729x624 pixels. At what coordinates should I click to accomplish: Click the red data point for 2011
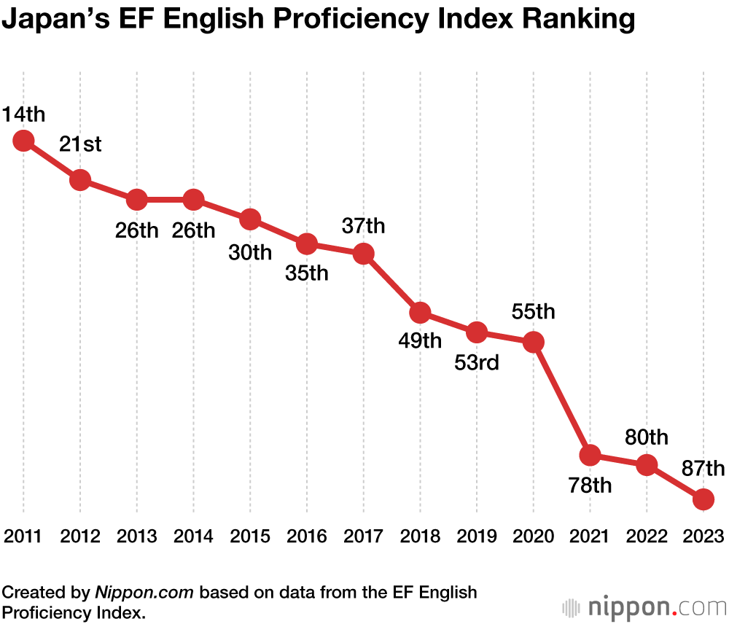[x=23, y=141]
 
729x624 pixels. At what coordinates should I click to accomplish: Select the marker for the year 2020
[x=534, y=342]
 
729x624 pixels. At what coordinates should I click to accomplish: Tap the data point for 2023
[x=703, y=499]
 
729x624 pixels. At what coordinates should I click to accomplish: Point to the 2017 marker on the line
[x=364, y=254]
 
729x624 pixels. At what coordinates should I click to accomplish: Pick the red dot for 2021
[x=590, y=456]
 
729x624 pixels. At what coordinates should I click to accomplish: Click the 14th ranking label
[x=23, y=114]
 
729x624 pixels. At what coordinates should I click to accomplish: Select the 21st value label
[x=80, y=144]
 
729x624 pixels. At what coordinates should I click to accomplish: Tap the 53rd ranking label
[x=477, y=362]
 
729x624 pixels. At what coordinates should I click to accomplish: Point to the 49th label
[x=420, y=340]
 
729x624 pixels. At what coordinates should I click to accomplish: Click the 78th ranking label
[x=590, y=485]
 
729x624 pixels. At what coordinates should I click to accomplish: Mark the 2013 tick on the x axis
[x=137, y=537]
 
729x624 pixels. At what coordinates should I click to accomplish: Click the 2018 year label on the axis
[x=420, y=537]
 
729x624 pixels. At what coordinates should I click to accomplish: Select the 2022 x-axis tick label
[x=647, y=537]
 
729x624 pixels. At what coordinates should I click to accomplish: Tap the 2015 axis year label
[x=250, y=537]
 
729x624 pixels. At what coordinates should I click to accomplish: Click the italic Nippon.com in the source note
[x=144, y=591]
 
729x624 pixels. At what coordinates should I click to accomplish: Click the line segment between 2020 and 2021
[x=561, y=399]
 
